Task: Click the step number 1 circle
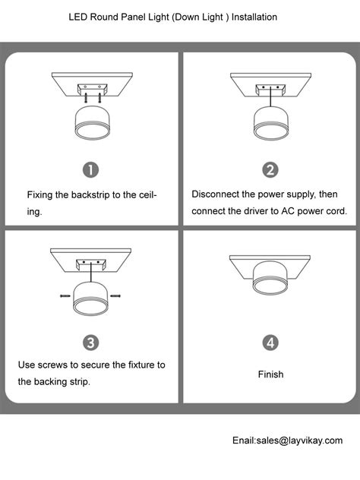pos(90,169)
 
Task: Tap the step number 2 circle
pos(270,169)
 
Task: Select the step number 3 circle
pos(90,343)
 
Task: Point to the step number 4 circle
pos(270,343)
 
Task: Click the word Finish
pos(270,374)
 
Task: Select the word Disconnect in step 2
pos(216,194)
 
